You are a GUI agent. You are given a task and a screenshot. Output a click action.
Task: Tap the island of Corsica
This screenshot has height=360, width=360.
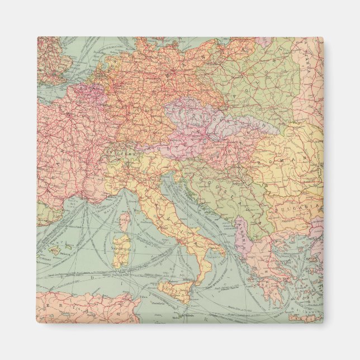click(x=125, y=219)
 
